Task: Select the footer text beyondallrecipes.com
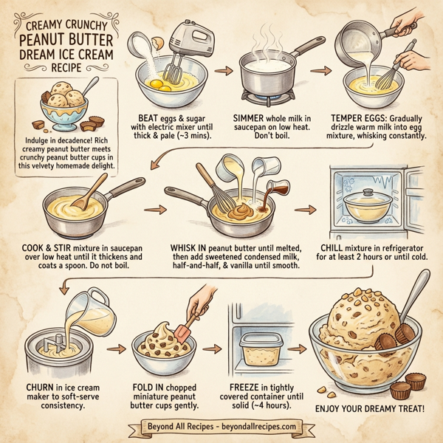click(251, 427)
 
